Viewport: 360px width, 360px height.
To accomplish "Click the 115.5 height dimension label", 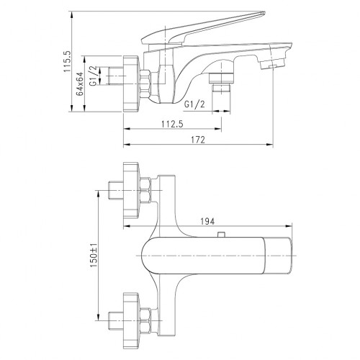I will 66,62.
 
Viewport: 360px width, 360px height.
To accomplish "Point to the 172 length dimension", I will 199,141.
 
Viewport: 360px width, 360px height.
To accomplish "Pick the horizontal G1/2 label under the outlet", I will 195,104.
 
